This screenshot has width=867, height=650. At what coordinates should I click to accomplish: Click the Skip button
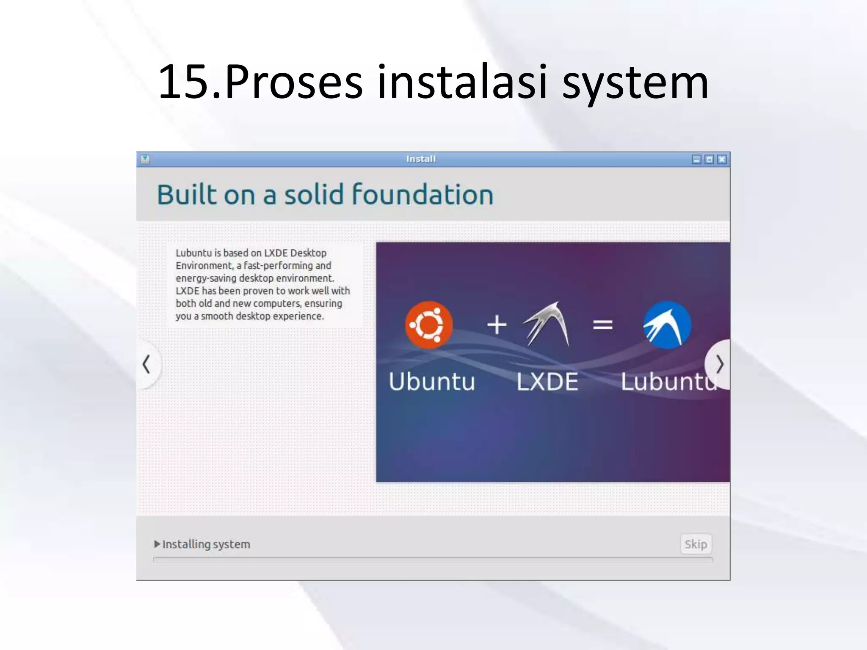click(x=696, y=544)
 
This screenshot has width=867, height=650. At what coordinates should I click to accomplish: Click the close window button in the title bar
click(x=722, y=159)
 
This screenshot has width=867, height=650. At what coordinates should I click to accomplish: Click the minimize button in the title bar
click(x=696, y=159)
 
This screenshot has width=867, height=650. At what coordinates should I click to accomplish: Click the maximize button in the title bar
click(x=709, y=159)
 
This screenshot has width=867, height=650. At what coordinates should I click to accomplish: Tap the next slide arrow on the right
click(x=719, y=364)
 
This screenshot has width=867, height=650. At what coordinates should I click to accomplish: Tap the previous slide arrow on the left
click(x=146, y=364)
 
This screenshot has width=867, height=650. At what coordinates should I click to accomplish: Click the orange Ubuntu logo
click(x=428, y=325)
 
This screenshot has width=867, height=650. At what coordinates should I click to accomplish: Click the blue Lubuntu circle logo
click(x=667, y=325)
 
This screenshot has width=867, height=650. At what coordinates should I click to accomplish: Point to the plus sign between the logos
click(x=497, y=325)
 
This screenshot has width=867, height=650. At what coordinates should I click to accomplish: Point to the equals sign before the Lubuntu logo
click(x=602, y=325)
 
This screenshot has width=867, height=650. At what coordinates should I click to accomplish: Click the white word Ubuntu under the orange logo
click(x=432, y=381)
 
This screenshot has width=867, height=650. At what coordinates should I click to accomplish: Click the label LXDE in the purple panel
click(x=547, y=381)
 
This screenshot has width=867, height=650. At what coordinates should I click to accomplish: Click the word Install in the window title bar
click(x=421, y=159)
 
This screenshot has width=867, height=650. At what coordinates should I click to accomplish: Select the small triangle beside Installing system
click(x=157, y=544)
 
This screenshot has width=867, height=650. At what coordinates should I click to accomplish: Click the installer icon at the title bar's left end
click(x=145, y=159)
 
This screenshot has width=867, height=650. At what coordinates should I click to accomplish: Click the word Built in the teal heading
click(x=187, y=195)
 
